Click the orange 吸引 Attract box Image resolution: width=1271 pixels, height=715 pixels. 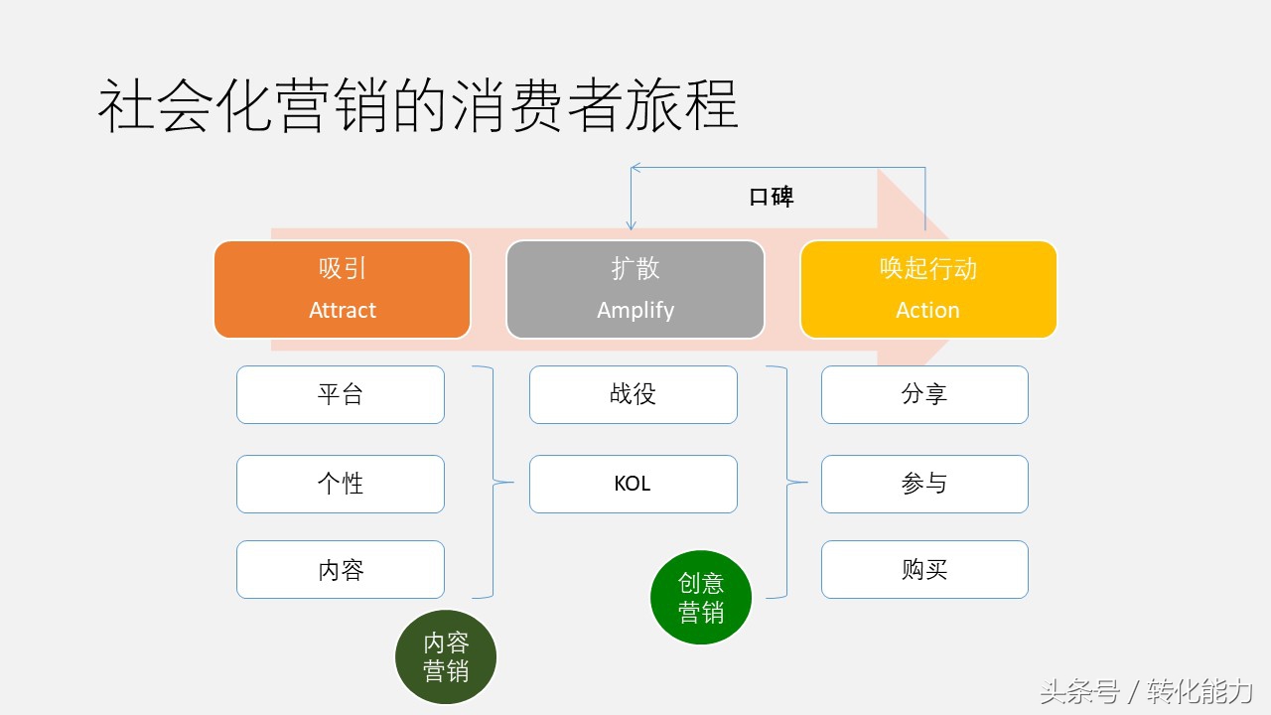pyautogui.click(x=342, y=289)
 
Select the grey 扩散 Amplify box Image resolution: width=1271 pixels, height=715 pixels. pyautogui.click(x=635, y=289)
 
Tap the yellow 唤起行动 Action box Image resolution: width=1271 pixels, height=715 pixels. pyautogui.click(x=928, y=289)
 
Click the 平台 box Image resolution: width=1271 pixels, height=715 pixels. pyautogui.click(x=341, y=394)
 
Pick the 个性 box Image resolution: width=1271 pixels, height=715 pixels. pyautogui.click(x=341, y=484)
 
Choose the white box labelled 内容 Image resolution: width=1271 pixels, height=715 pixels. pyautogui.click(x=341, y=569)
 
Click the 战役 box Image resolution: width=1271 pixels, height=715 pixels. pyautogui.click(x=634, y=394)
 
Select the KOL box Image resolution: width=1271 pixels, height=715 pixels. pyautogui.click(x=634, y=484)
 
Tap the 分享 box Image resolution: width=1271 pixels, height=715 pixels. pyautogui.click(x=924, y=394)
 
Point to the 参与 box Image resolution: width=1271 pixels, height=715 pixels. pyautogui.click(x=924, y=484)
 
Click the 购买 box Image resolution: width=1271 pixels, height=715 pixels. pyautogui.click(x=924, y=569)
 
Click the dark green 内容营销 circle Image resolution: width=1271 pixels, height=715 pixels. pyautogui.click(x=446, y=656)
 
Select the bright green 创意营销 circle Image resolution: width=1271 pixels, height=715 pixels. pyautogui.click(x=701, y=597)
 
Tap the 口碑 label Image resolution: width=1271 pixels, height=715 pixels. pyautogui.click(x=772, y=197)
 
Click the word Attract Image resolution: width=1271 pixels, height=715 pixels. pyautogui.click(x=343, y=310)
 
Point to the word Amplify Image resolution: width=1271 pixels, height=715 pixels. pyautogui.click(x=635, y=310)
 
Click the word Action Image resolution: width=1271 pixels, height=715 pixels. pyautogui.click(x=927, y=310)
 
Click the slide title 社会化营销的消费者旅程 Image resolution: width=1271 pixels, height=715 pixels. pyautogui.click(x=418, y=107)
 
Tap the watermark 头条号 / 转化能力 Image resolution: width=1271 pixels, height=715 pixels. pyautogui.click(x=1146, y=691)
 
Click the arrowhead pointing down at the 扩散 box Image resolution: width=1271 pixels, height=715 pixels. pyautogui.click(x=632, y=225)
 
